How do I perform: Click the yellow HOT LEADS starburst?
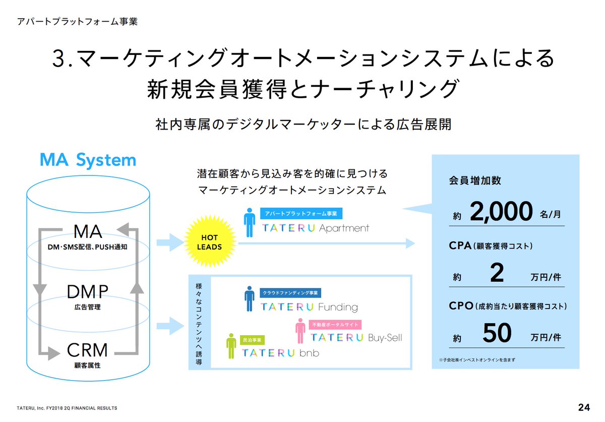coord(209,243)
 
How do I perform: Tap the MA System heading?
coord(88,160)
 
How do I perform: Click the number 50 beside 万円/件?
coord(497,333)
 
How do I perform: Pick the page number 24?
coord(584,407)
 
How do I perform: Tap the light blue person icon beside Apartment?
coord(249,223)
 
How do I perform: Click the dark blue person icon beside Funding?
coord(249,299)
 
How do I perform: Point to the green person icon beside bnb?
coord(231,346)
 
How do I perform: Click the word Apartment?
coord(344,228)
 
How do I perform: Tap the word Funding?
coord(338,307)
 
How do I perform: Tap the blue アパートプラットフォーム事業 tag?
coord(301,213)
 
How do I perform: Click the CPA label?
coord(460,246)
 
